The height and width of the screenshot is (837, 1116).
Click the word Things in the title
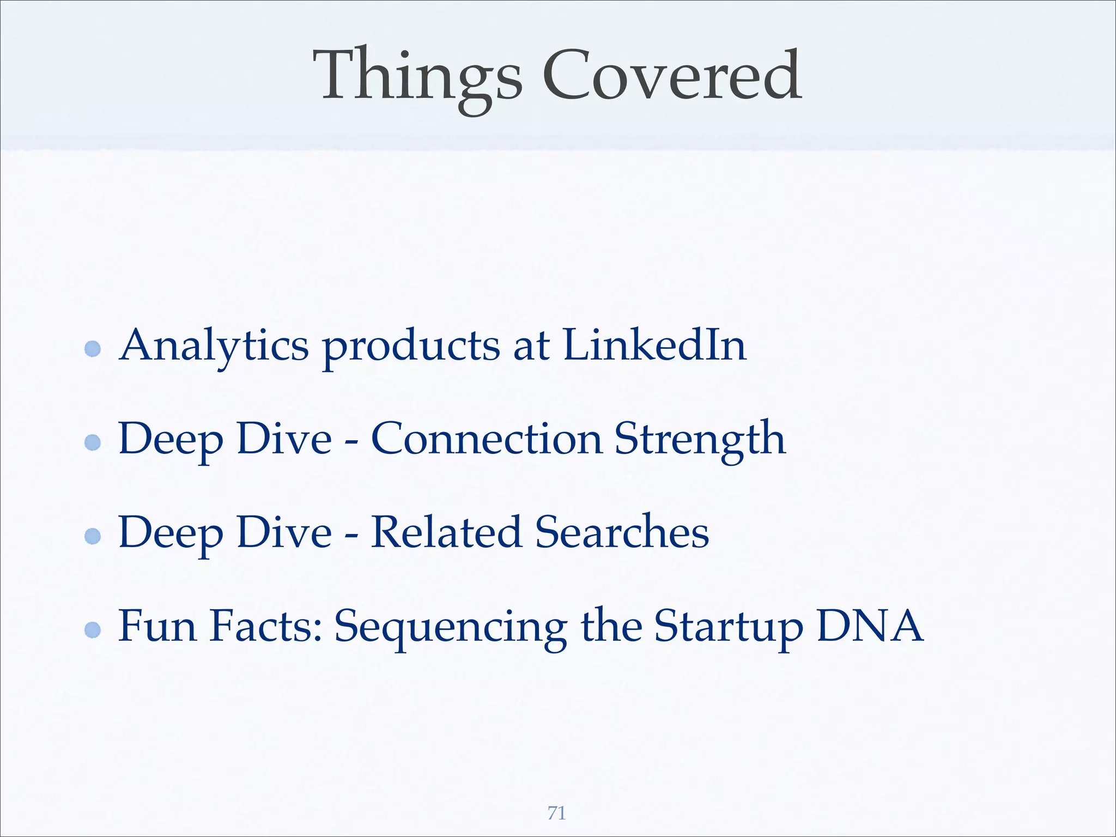pyautogui.click(x=417, y=76)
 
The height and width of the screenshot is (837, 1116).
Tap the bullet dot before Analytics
pyautogui.click(x=93, y=349)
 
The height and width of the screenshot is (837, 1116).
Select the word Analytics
pyautogui.click(x=214, y=345)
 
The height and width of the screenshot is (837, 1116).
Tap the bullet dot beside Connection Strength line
pyautogui.click(x=93, y=442)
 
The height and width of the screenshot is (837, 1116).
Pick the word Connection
pyautogui.click(x=487, y=439)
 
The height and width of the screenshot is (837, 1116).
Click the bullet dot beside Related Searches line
pyautogui.click(x=93, y=536)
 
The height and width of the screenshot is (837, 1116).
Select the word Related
pyautogui.click(x=446, y=532)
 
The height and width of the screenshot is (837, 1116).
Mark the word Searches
pyautogui.click(x=622, y=532)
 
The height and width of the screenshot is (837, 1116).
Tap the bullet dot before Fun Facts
pyautogui.click(x=93, y=630)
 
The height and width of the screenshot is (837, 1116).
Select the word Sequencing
pyautogui.click(x=451, y=627)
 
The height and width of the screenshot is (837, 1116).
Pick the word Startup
pyautogui.click(x=729, y=627)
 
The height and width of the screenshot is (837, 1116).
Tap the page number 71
pyautogui.click(x=556, y=813)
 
